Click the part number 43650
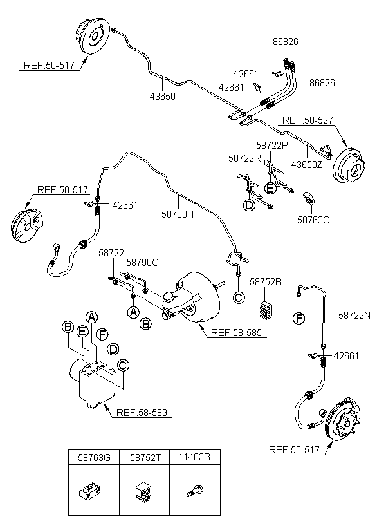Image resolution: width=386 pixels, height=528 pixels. pyautogui.click(x=162, y=97)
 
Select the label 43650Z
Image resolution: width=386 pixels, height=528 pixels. pyautogui.click(x=308, y=165)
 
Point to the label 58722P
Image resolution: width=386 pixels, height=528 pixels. pyautogui.click(x=272, y=146)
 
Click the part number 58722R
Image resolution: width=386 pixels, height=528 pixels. pyautogui.click(x=244, y=157)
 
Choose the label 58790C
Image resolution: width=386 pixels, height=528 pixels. pyautogui.click(x=142, y=263)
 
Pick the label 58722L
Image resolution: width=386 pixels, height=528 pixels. pyautogui.click(x=115, y=254)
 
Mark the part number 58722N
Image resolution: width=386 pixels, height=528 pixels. pyautogui.click(x=356, y=316)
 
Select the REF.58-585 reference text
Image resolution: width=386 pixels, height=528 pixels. pyautogui.click(x=235, y=333)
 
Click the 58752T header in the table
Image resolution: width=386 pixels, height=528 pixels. pyautogui.click(x=145, y=458)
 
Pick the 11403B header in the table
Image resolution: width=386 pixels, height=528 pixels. pyautogui.click(x=195, y=458)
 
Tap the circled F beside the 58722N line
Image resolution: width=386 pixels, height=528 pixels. pyautogui.click(x=298, y=317)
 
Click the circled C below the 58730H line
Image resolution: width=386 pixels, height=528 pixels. pyautogui.click(x=239, y=297)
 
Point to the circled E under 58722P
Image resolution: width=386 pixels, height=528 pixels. pyautogui.click(x=271, y=188)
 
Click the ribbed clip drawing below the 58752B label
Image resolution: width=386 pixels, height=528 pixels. pyautogui.click(x=265, y=308)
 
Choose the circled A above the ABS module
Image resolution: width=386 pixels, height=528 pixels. pyautogui.click(x=92, y=317)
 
